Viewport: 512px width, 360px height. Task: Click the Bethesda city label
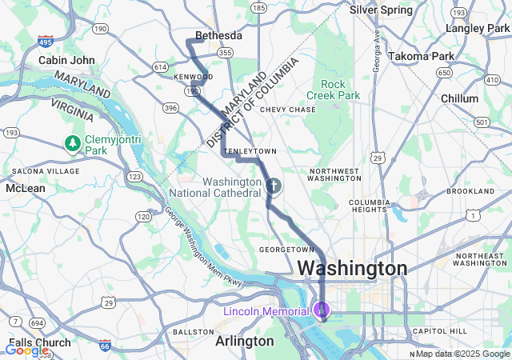coord(218,36)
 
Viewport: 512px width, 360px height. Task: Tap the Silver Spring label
coord(381,10)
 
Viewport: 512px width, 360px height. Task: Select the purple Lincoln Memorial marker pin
coord(322,309)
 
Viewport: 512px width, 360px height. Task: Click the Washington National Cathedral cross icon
coord(274,186)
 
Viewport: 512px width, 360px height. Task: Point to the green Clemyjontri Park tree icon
coord(73,143)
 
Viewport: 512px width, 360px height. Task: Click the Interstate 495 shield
coord(45,40)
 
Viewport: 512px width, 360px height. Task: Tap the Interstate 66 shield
coord(105,345)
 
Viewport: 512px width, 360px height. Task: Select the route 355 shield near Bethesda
coord(225,53)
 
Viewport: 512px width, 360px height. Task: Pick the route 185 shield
coord(258,7)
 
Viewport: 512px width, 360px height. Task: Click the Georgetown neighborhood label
coord(286,250)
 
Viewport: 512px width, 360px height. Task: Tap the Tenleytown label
coord(250,150)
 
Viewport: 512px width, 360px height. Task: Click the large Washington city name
coord(352,268)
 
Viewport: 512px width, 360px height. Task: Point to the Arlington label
coord(244,341)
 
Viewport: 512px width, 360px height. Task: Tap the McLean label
coord(26,188)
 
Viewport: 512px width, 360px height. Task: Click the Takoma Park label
coord(420,56)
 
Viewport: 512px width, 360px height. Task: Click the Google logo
coord(26,350)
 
